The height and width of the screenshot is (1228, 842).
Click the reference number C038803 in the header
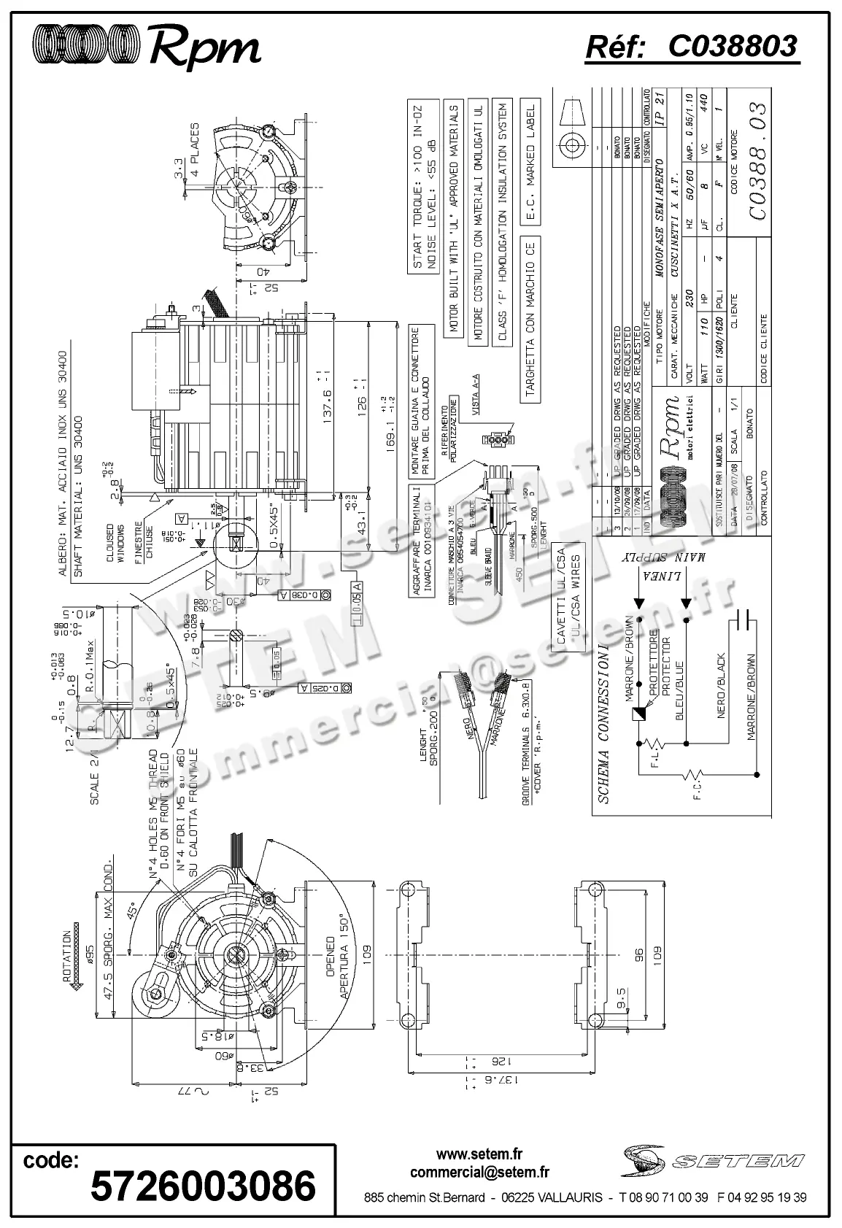point(732,46)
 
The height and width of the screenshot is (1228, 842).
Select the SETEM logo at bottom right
point(714,1160)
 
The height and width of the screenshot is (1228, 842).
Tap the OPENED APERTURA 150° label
point(337,968)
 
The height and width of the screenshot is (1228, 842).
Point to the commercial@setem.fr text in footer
point(479,1173)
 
